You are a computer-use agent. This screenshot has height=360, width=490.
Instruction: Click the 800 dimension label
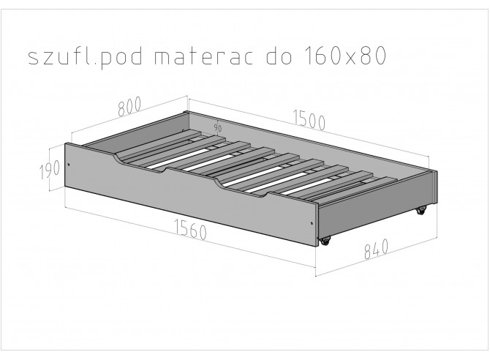[129, 106]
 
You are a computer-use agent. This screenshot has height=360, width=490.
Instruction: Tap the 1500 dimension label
[309, 120]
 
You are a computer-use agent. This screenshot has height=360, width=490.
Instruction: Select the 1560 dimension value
[190, 229]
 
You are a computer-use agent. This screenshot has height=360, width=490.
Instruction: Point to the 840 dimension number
[376, 250]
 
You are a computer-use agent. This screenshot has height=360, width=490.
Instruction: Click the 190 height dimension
[50, 170]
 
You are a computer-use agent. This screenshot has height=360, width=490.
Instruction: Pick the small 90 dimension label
[218, 127]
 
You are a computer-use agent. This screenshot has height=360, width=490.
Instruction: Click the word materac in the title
[204, 56]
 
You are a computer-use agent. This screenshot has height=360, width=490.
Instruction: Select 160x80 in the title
[345, 56]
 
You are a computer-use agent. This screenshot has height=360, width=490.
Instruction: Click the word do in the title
[279, 56]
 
